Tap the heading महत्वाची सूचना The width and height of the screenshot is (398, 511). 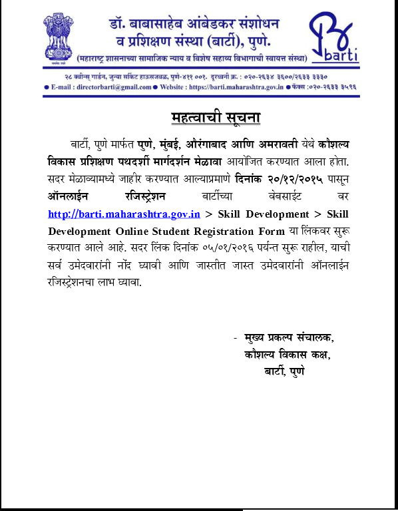214,118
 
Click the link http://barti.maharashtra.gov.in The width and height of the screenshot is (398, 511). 124,214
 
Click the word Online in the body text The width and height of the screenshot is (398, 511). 132,231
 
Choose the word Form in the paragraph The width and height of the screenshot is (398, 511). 270,231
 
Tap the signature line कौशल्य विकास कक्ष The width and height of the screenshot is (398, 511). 287,355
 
